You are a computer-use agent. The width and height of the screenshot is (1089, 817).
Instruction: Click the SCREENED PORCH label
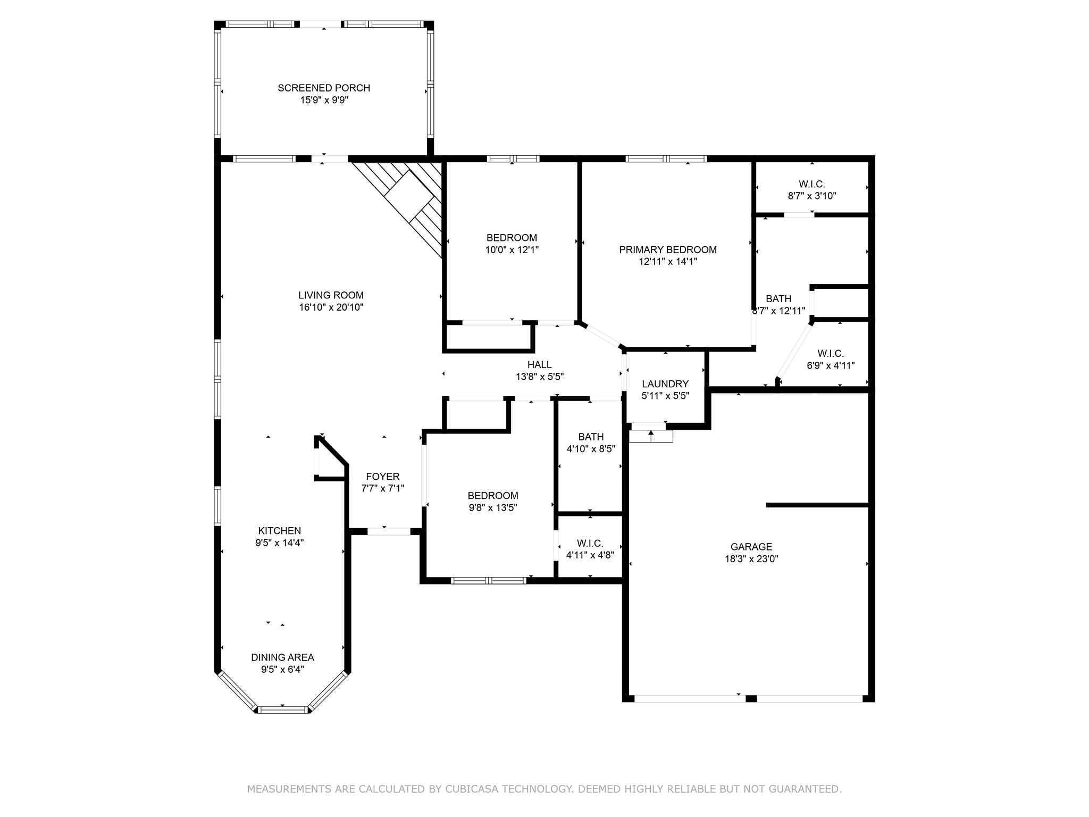click(x=324, y=88)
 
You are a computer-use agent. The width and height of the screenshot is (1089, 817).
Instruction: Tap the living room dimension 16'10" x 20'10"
click(x=331, y=307)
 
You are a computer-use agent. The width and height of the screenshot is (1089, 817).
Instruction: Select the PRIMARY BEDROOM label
click(x=667, y=249)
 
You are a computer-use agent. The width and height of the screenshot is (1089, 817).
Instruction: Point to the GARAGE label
click(x=751, y=546)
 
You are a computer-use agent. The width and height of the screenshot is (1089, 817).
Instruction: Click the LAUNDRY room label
click(x=665, y=384)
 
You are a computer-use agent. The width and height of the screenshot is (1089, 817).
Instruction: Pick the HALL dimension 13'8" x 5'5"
click(x=539, y=377)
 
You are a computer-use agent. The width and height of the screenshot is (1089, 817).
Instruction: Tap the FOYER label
click(x=382, y=477)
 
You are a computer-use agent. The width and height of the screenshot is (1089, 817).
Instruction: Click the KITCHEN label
click(x=279, y=530)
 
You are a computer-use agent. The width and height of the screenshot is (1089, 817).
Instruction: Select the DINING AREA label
click(x=282, y=657)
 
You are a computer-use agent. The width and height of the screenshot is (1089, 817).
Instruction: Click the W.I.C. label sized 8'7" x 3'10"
click(x=811, y=184)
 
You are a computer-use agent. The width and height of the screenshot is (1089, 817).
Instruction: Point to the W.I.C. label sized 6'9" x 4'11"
click(x=831, y=354)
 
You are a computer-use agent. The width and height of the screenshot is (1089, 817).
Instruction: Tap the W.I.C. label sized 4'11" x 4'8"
click(x=590, y=543)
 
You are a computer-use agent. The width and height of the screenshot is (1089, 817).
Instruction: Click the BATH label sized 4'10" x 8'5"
click(x=591, y=437)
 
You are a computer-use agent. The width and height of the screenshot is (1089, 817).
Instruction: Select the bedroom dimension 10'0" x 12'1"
click(x=512, y=249)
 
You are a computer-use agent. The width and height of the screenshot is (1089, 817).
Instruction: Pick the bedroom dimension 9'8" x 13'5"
click(x=492, y=507)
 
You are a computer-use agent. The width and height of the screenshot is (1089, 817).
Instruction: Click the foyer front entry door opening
click(x=389, y=531)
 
